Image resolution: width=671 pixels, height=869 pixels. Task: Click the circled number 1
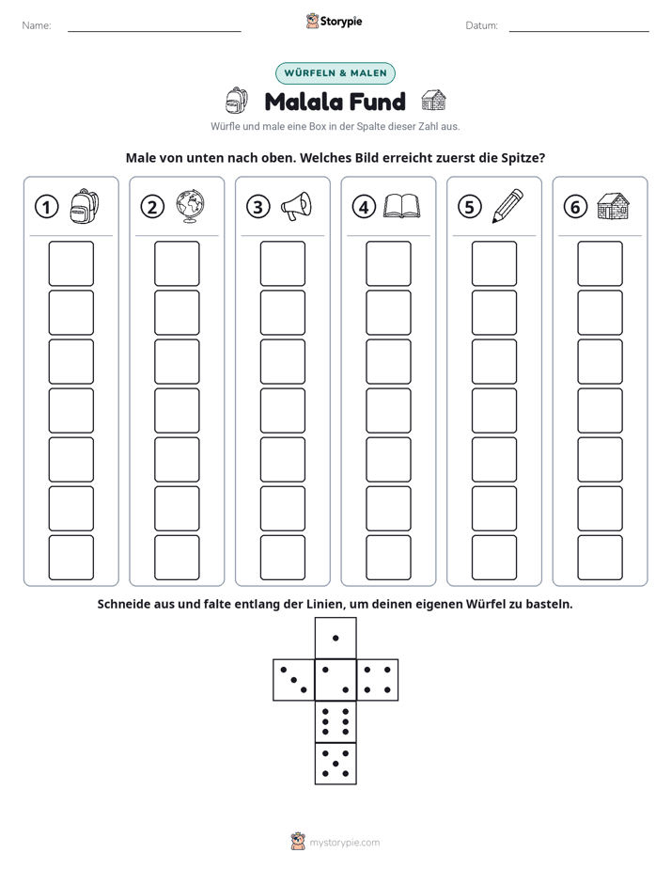(46, 207)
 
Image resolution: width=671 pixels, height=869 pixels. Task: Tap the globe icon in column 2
(191, 207)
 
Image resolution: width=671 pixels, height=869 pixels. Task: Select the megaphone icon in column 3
(296, 207)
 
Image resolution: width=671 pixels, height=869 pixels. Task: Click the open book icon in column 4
(402, 206)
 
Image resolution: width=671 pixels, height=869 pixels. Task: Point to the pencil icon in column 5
(507, 206)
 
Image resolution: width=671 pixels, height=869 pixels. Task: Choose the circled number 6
(575, 207)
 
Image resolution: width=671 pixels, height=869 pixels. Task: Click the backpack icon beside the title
(237, 101)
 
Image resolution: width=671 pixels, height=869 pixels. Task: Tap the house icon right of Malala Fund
(433, 101)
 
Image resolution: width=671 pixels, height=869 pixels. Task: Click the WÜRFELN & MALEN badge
(335, 73)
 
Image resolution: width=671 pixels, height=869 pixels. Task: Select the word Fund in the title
(376, 102)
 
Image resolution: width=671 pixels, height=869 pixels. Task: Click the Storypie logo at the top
(335, 21)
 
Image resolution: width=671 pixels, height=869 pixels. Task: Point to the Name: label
(37, 25)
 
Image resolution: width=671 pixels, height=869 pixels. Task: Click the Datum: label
(482, 25)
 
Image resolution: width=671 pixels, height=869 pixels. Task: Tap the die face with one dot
(335, 638)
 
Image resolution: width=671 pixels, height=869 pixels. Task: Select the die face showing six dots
(335, 721)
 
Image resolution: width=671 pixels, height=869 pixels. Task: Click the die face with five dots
(335, 764)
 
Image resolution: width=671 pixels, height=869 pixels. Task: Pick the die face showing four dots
(378, 680)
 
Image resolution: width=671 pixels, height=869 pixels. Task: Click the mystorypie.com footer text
(344, 843)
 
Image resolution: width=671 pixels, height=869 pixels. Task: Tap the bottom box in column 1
(71, 558)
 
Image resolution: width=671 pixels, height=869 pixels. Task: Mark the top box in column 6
(601, 263)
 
